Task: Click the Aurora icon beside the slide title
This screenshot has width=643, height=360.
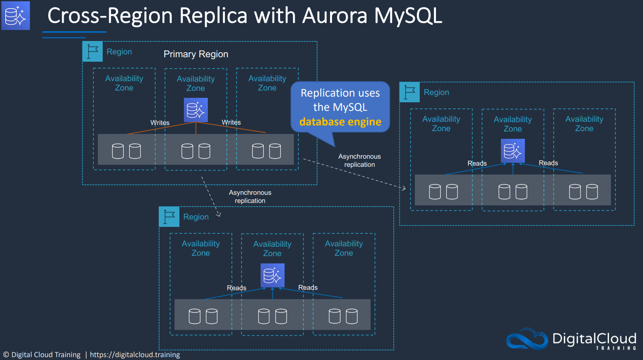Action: click(x=15, y=15)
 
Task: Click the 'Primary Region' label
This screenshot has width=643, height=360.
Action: click(x=196, y=54)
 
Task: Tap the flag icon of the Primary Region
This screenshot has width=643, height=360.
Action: click(x=93, y=52)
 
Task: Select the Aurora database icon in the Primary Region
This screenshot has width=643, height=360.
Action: click(x=196, y=110)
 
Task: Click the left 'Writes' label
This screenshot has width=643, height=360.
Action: click(x=160, y=123)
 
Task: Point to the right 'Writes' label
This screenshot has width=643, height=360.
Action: click(x=231, y=122)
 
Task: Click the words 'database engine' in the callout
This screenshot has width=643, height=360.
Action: click(x=340, y=122)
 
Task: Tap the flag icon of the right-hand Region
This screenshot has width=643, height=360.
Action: click(x=409, y=92)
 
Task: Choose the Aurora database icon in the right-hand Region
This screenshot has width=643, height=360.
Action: click(x=513, y=151)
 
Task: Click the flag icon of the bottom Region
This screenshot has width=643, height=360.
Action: click(x=169, y=217)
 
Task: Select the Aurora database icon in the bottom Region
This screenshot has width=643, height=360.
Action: click(x=272, y=275)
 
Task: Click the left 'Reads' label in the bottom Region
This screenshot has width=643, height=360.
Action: click(x=237, y=288)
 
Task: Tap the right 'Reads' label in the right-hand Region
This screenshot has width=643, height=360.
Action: click(x=548, y=163)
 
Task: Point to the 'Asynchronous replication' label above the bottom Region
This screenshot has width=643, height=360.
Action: click(x=250, y=197)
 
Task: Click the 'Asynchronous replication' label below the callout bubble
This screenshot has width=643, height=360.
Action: click(x=359, y=160)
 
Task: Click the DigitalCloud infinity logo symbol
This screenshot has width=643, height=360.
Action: click(x=527, y=339)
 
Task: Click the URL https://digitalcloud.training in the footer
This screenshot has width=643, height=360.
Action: click(x=135, y=355)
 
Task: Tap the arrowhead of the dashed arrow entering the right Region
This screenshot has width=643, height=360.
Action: click(x=404, y=188)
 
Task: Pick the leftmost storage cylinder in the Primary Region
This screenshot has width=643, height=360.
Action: click(x=118, y=151)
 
